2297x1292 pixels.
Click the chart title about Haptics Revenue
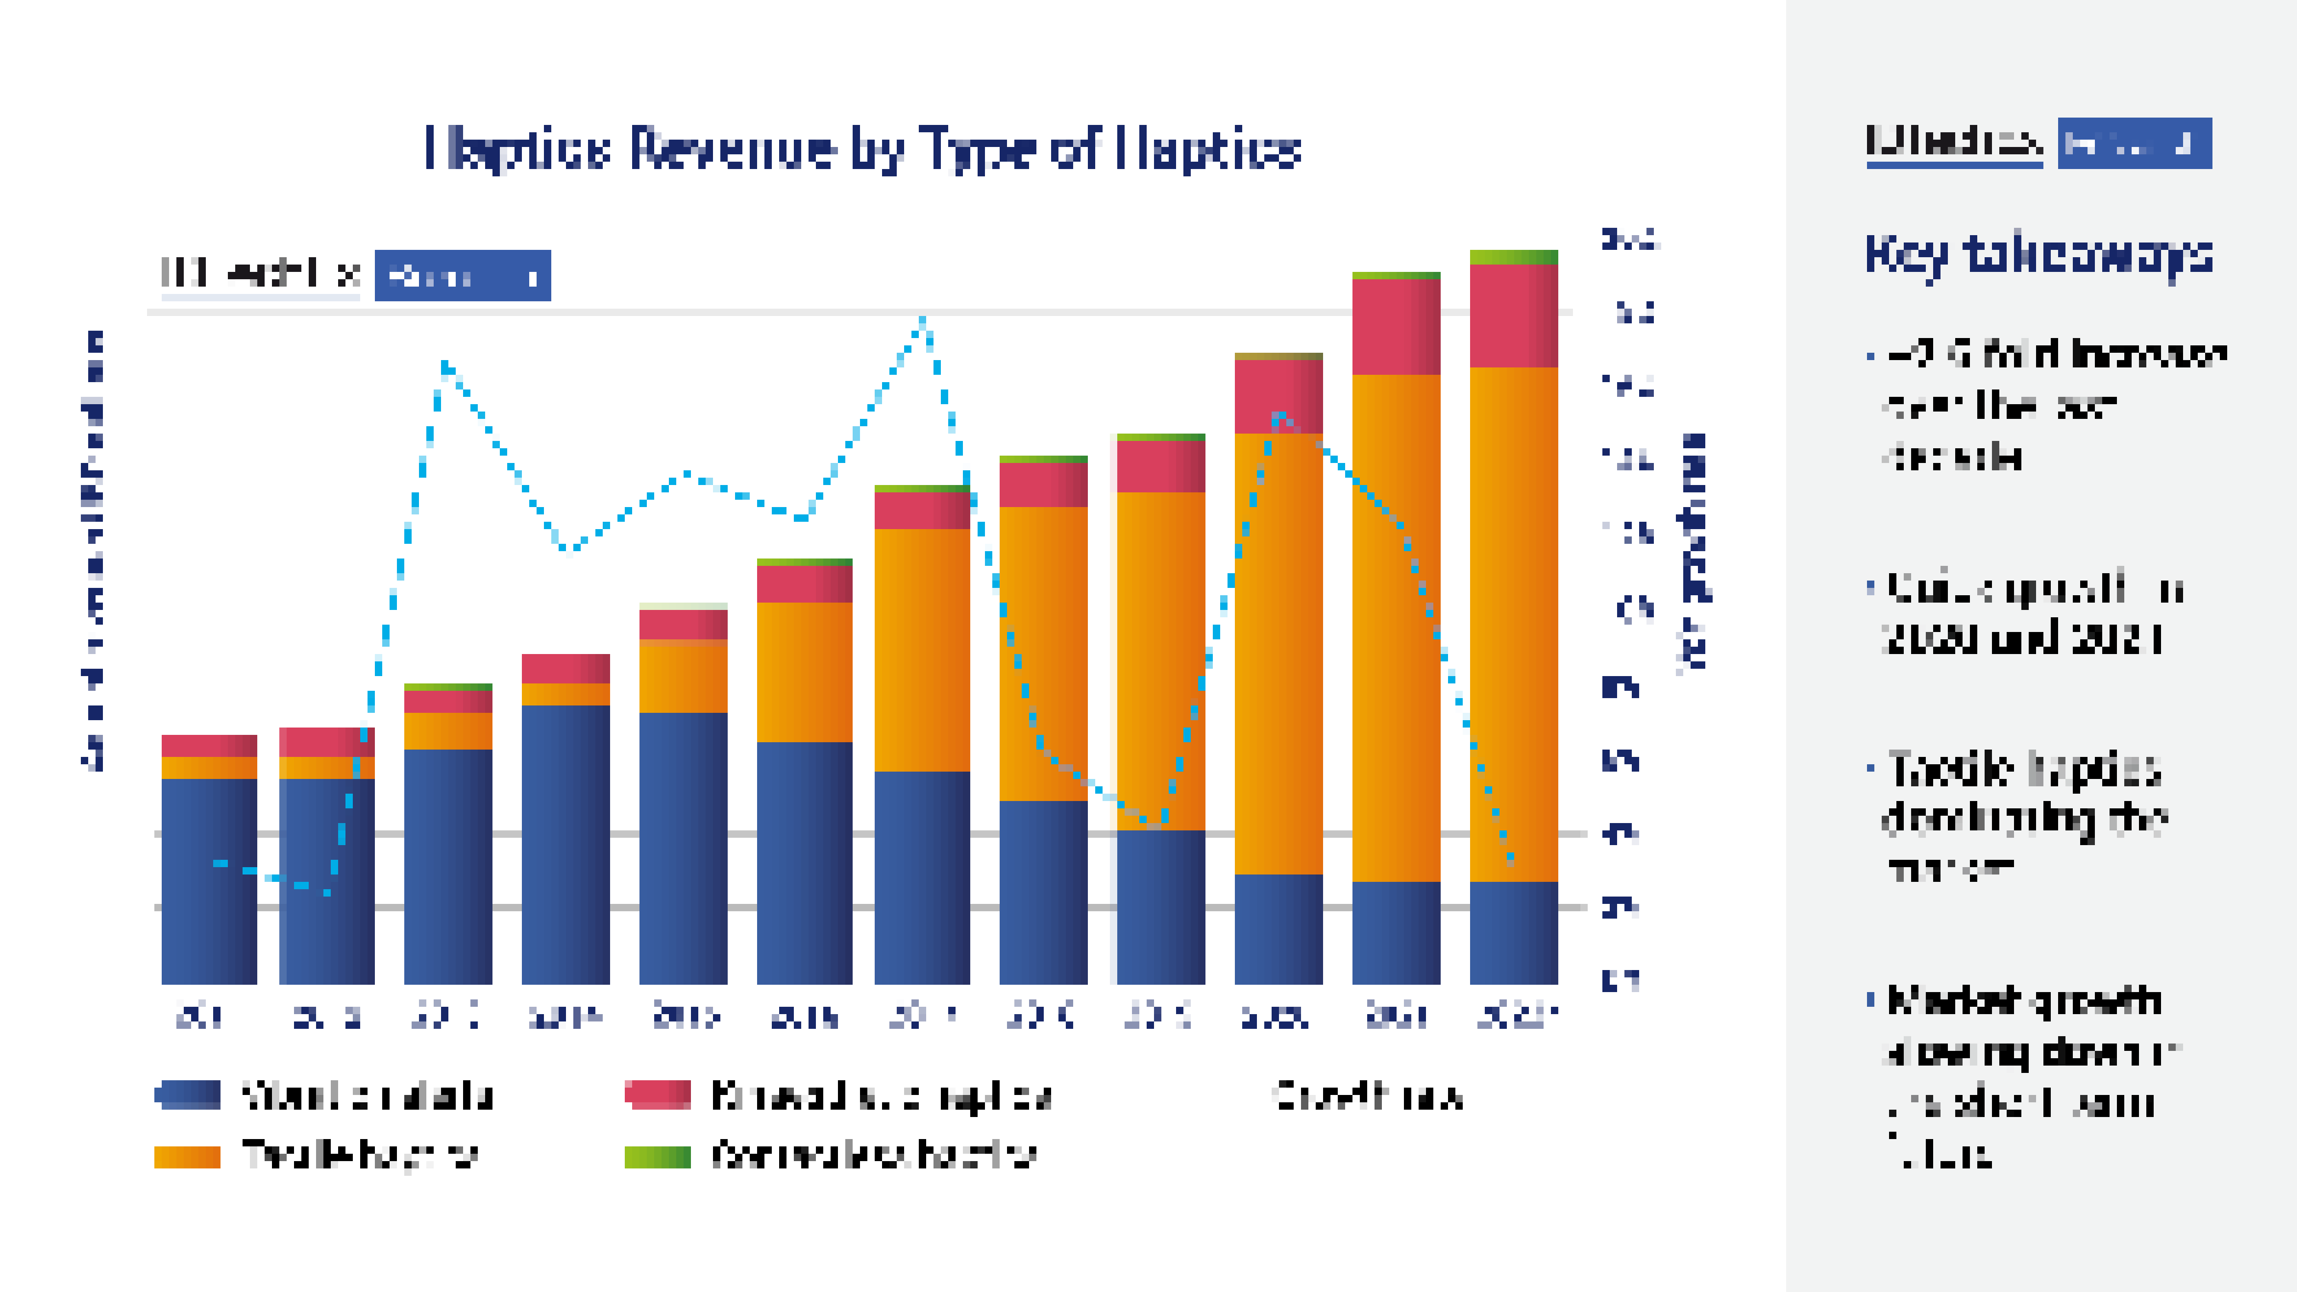tap(862, 149)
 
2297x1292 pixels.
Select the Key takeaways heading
tap(2038, 256)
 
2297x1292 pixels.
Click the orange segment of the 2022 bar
tap(1513, 624)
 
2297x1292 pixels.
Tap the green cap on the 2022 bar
tap(1513, 257)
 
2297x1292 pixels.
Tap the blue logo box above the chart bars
tap(462, 276)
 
